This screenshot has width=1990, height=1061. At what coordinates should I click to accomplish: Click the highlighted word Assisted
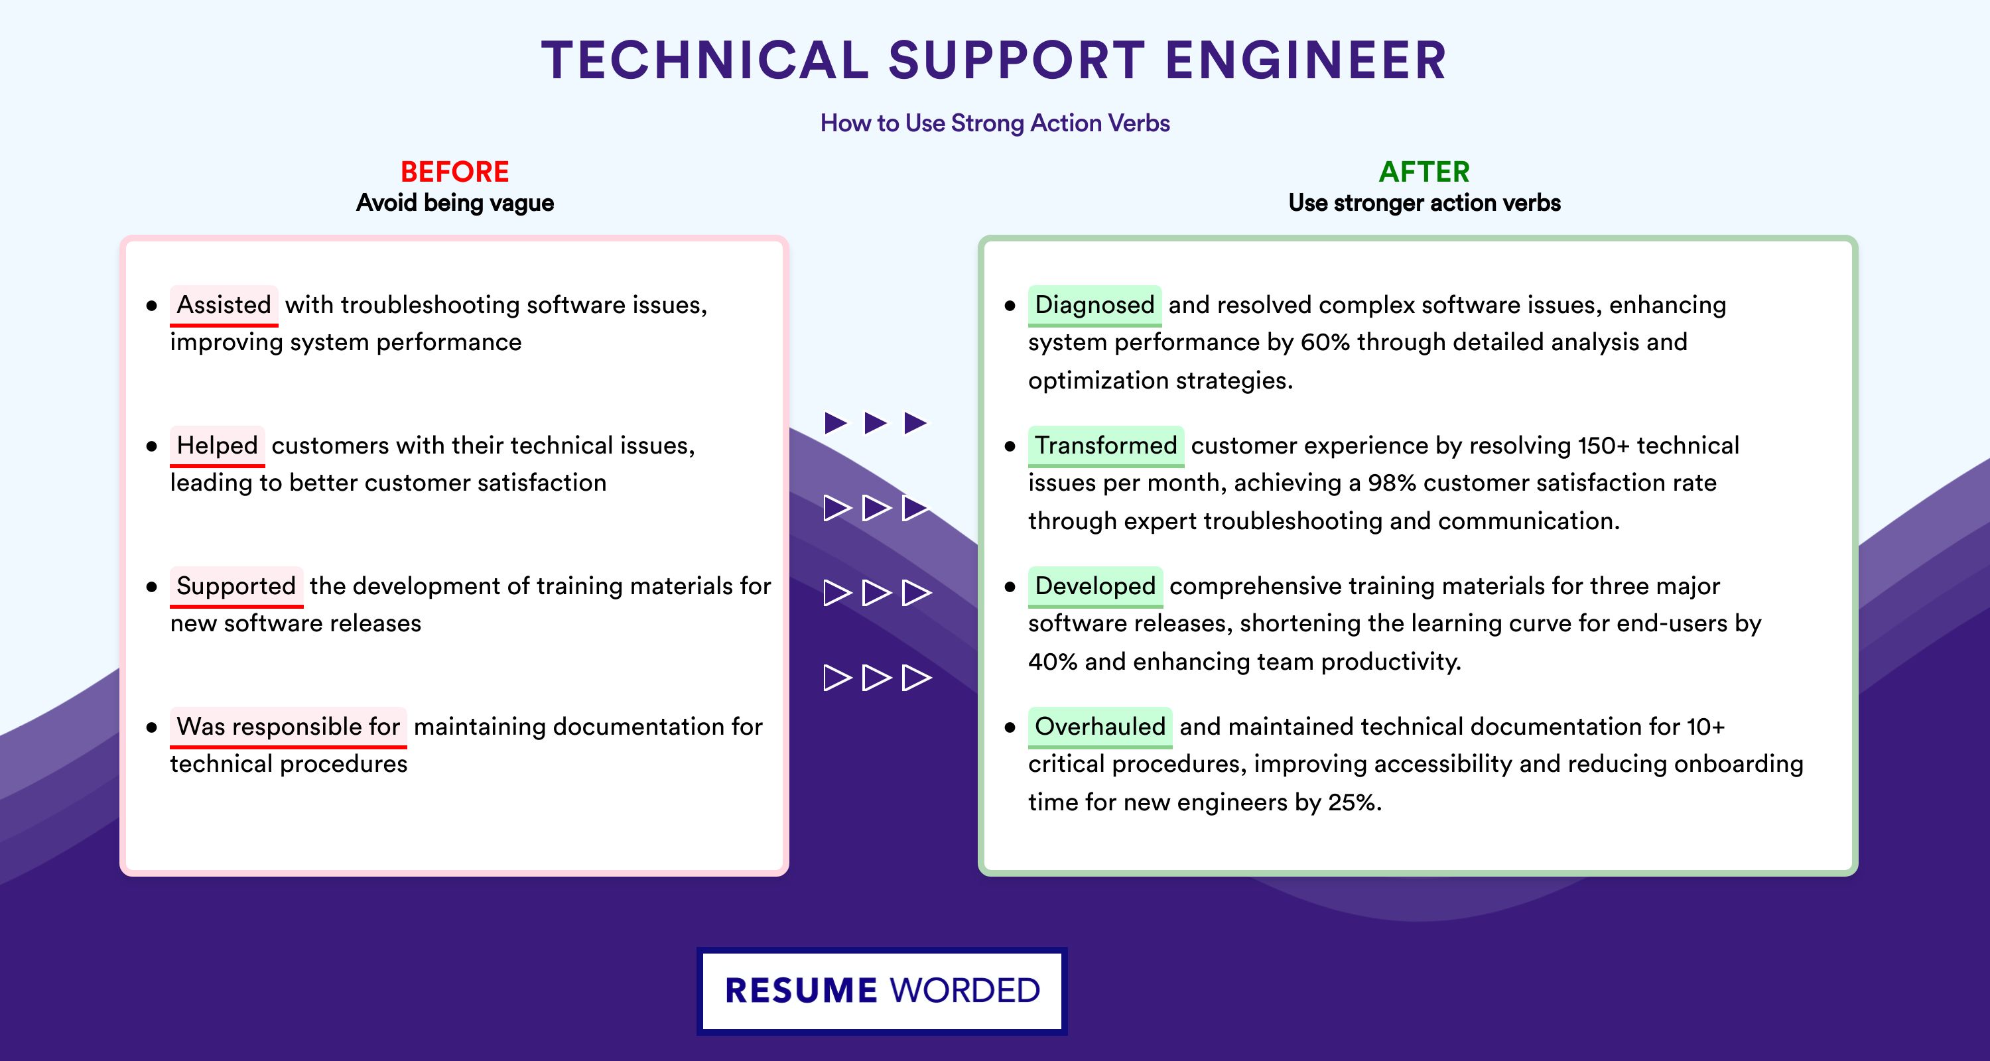click(224, 305)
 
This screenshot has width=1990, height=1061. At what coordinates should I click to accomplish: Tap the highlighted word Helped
click(217, 446)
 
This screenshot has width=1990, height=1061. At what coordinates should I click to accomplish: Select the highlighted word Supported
click(236, 586)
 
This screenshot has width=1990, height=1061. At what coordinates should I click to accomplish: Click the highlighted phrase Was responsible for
click(288, 727)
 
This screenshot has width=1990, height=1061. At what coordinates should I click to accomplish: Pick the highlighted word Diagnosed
click(1094, 305)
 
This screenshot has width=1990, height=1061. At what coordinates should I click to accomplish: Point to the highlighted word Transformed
click(1106, 446)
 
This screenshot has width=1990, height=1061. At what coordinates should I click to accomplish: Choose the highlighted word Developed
click(1095, 586)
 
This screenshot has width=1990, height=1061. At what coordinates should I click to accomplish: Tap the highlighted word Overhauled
click(1100, 727)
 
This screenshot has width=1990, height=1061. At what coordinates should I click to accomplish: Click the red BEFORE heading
click(455, 172)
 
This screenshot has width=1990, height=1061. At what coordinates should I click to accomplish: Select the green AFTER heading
click(1425, 172)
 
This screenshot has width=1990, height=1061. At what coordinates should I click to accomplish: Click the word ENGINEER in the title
click(1305, 60)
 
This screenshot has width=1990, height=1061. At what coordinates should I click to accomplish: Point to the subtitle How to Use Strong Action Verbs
click(995, 123)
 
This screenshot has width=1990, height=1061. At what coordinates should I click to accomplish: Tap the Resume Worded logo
click(882, 991)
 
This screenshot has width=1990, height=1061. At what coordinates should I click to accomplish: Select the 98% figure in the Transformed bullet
click(1392, 483)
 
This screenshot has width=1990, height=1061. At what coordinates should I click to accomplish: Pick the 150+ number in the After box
click(1604, 446)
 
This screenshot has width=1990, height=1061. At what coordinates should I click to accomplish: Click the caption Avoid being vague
click(455, 203)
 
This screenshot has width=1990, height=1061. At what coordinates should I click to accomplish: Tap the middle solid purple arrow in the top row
click(875, 422)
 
